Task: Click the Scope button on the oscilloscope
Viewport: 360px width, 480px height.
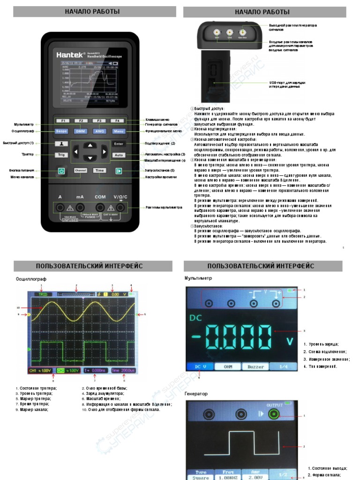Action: point(62,132)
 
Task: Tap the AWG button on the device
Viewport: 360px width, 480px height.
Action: point(99,132)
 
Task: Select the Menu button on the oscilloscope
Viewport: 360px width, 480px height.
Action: point(119,132)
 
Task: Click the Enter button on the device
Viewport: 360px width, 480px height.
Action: point(119,143)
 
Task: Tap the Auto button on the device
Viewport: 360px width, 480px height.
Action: point(119,155)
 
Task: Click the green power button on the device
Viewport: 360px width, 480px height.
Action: point(61,171)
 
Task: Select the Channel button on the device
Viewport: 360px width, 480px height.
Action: point(81,171)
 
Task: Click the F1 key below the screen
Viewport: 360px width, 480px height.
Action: point(62,120)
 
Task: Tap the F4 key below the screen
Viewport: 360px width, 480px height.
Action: point(118,120)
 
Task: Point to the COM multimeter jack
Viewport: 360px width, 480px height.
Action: point(100,208)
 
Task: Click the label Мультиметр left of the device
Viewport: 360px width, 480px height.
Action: point(24,124)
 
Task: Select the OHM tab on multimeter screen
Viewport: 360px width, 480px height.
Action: point(228,367)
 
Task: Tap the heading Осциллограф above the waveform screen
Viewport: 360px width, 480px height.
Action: point(31,278)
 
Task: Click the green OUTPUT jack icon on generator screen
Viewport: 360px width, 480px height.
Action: point(272,414)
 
